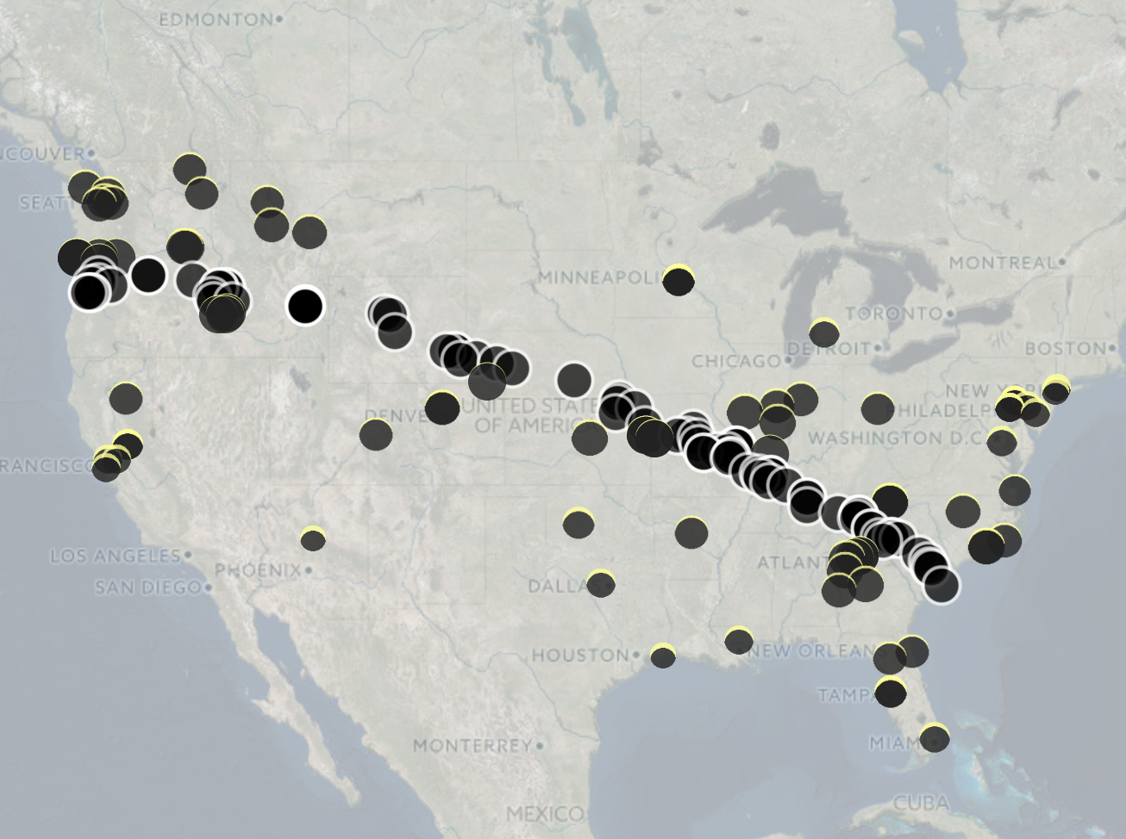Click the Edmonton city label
pyautogui.click(x=216, y=19)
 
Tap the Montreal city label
pyautogui.click(x=1002, y=262)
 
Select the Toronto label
pyautogui.click(x=894, y=314)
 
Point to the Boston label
pyautogui.click(x=1065, y=349)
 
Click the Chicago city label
pyautogui.click(x=735, y=361)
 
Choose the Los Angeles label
pyautogui.click(x=116, y=556)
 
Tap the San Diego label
pyautogui.click(x=148, y=587)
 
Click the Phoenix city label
pyautogui.click(x=258, y=570)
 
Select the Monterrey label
pyautogui.click(x=472, y=745)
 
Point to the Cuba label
pyautogui.click(x=921, y=804)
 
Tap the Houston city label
pyautogui.click(x=580, y=656)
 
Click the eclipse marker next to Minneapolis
pyautogui.click(x=679, y=280)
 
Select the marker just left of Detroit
pyautogui.click(x=824, y=332)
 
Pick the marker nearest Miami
pyautogui.click(x=935, y=738)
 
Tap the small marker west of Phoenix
pyautogui.click(x=313, y=540)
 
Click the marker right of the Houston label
pyautogui.click(x=662, y=656)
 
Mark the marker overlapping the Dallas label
pyautogui.click(x=600, y=584)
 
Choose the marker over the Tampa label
pyautogui.click(x=891, y=692)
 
